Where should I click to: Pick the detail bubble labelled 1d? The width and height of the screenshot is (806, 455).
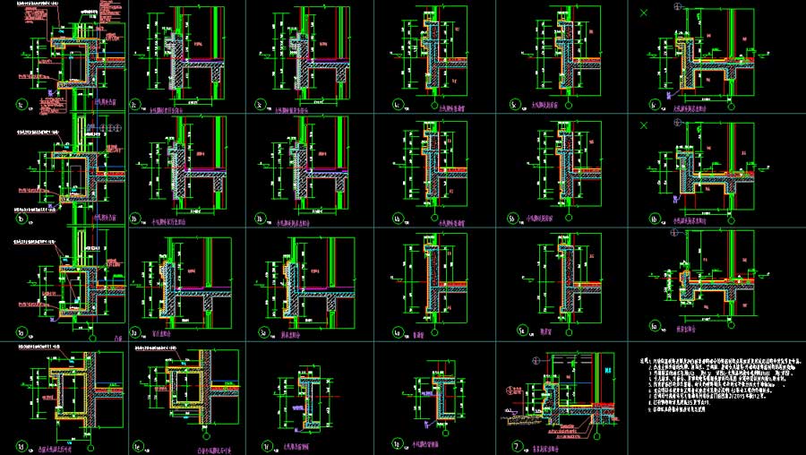23,444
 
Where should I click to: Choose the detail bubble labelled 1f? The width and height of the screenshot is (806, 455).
267,444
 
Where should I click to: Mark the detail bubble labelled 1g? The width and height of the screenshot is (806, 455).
397,444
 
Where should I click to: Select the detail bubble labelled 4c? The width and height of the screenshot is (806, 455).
396,105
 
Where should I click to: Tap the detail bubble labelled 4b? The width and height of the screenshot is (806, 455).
396,219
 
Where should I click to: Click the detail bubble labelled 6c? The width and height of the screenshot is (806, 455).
654,105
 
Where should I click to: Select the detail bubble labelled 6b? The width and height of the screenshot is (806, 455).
654,219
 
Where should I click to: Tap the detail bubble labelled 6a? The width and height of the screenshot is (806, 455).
654,326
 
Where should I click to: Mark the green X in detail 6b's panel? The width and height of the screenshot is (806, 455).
643,124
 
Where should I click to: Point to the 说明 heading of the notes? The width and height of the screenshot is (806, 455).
646,356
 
